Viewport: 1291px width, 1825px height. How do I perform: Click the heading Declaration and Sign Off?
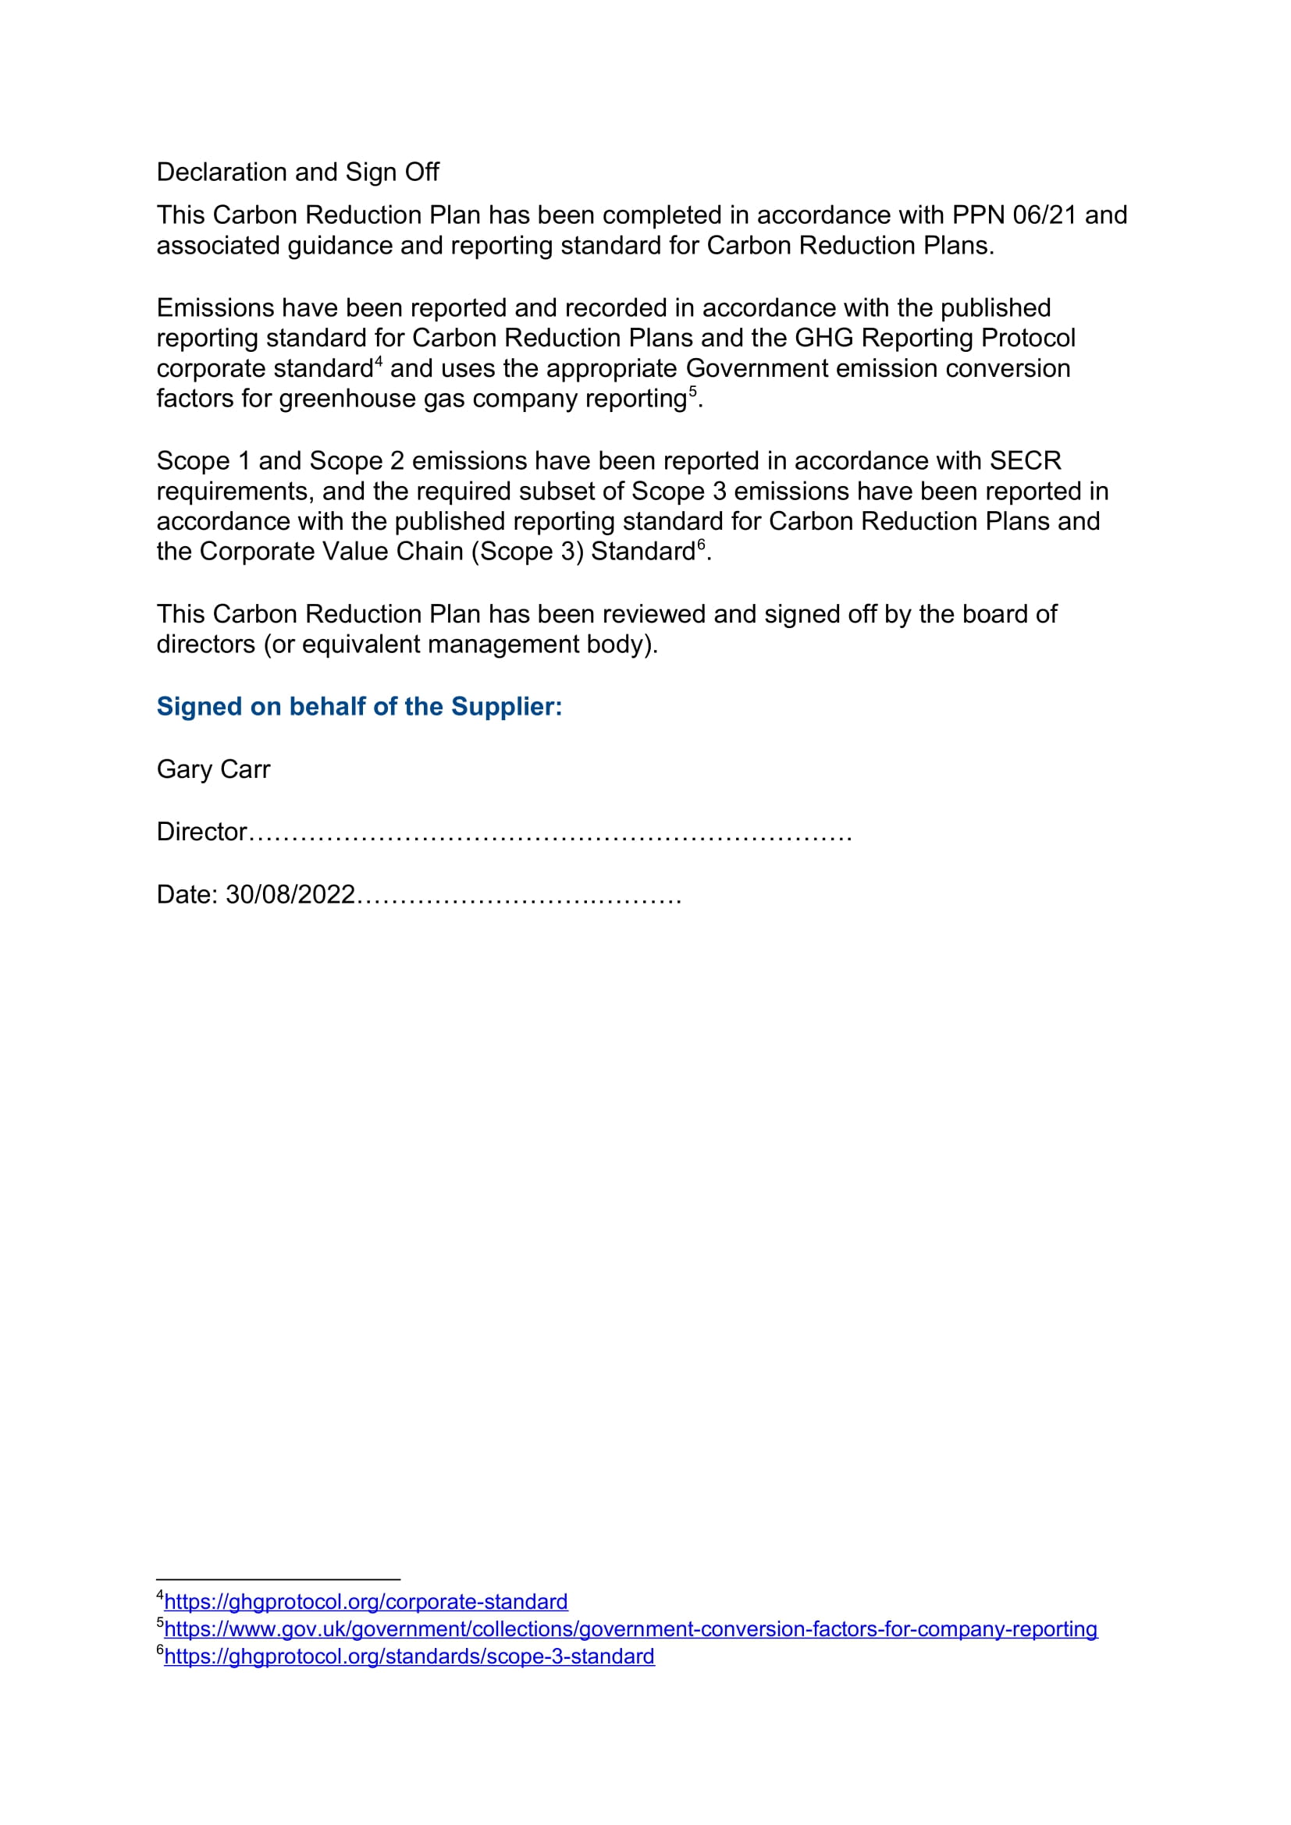point(297,172)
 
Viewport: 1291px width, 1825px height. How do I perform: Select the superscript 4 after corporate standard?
point(379,362)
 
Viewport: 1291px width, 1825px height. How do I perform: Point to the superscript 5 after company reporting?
point(692,392)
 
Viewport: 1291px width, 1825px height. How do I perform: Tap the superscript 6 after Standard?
point(701,545)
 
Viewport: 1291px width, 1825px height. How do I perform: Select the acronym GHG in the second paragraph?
point(823,338)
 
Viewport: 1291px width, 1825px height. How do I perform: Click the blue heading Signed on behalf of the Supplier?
point(358,707)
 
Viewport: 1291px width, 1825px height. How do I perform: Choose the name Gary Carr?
point(213,769)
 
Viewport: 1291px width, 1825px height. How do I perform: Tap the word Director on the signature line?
point(202,832)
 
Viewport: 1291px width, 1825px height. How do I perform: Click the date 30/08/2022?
point(290,894)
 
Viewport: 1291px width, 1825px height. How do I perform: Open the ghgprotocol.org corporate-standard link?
point(365,1602)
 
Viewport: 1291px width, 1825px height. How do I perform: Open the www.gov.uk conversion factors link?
point(631,1628)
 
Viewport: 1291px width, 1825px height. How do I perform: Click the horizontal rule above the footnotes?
point(278,1579)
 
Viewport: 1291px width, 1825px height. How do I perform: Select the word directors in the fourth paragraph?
point(206,644)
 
